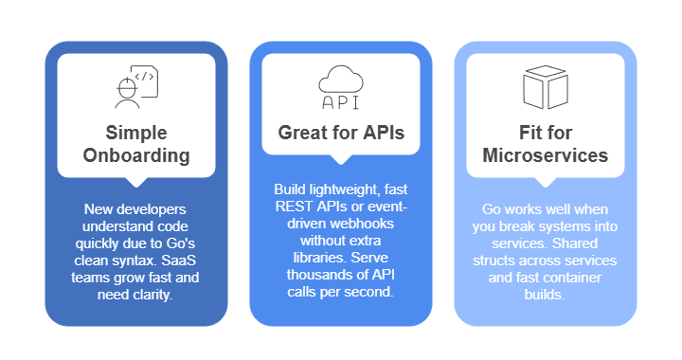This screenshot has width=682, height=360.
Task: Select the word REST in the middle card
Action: pos(291,206)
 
